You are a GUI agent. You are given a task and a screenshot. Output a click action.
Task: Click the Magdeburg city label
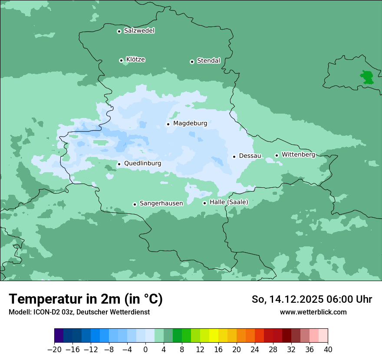190,124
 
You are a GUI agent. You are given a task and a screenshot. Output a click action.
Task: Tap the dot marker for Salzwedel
119,31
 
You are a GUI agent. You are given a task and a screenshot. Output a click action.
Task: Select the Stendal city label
209,61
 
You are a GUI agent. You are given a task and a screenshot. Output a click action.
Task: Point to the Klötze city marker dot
121,60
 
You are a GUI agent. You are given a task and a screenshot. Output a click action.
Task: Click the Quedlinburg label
142,164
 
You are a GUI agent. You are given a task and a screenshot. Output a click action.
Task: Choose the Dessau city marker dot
234,157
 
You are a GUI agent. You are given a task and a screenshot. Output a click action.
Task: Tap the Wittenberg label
298,155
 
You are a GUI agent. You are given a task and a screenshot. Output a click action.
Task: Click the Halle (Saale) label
229,202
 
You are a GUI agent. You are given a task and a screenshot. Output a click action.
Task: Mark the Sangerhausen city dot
135,204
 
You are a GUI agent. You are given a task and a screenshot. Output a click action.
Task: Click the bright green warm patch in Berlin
367,77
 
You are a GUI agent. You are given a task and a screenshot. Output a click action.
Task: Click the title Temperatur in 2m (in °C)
86,299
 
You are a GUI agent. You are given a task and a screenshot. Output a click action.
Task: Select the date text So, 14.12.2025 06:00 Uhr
312,299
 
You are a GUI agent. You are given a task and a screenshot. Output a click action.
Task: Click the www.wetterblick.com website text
313,312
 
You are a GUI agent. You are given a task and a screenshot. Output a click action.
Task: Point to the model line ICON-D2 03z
79,312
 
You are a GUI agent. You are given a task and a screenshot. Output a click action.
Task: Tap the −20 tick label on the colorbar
54,350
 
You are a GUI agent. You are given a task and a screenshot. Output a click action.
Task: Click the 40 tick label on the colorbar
328,350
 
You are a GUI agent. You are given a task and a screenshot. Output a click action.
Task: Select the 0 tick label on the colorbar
145,350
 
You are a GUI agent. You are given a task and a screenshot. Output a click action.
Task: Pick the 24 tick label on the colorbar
255,350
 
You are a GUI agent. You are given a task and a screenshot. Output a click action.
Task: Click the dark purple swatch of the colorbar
59,336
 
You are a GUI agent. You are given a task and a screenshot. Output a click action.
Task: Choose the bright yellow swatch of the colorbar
214,336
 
